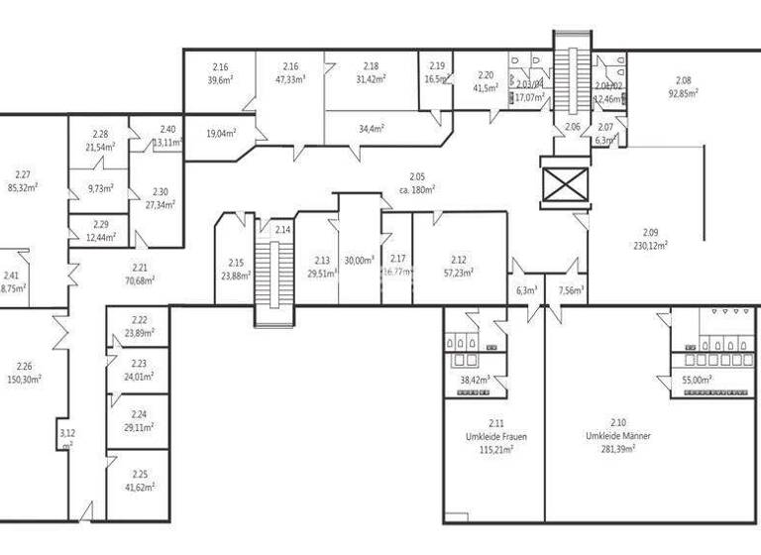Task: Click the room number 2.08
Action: click(x=683, y=80)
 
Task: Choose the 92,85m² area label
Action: click(x=683, y=92)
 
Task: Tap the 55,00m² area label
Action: click(x=698, y=379)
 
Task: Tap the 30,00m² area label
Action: click(x=359, y=261)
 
